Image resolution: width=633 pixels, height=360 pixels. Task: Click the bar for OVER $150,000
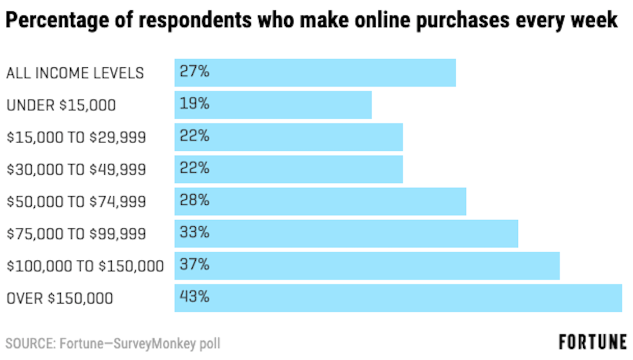(398, 298)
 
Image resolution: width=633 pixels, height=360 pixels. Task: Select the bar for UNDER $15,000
(273, 105)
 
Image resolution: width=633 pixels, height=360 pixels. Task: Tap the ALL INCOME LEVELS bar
(315, 73)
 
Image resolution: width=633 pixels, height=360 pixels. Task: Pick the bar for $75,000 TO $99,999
(346, 233)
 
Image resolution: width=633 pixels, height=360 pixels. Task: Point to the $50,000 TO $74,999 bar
(320, 201)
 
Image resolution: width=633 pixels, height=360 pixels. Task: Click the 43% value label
(194, 297)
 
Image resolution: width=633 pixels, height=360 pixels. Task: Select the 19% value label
(194, 104)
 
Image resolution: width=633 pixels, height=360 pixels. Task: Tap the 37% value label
(194, 265)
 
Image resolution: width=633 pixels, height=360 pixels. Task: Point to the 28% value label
(194, 200)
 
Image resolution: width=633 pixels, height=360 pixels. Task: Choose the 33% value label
(194, 233)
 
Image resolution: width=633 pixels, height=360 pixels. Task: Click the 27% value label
(194, 72)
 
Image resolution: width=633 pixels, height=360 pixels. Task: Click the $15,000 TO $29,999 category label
(76, 138)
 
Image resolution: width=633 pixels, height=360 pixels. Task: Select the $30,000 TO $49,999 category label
(76, 170)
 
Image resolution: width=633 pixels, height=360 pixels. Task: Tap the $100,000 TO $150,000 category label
(85, 266)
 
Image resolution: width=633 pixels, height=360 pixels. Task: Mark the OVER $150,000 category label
(59, 298)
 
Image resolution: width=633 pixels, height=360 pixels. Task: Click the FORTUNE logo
(593, 342)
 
